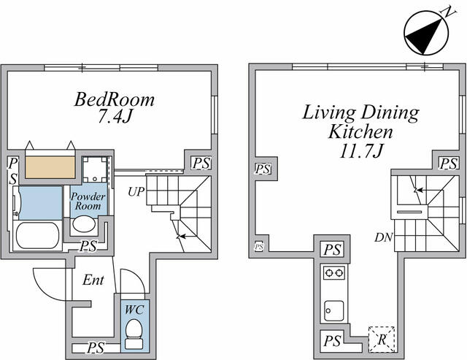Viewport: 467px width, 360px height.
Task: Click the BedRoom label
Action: pyautogui.click(x=115, y=99)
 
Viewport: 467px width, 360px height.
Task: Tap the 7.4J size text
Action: pyautogui.click(x=115, y=117)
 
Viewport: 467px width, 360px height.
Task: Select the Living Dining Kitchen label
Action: pyautogui.click(x=360, y=122)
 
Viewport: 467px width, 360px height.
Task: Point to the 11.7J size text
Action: pyautogui.click(x=360, y=150)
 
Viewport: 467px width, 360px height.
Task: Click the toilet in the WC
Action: pyautogui.click(x=134, y=334)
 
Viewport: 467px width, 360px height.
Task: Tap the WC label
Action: pyautogui.click(x=134, y=310)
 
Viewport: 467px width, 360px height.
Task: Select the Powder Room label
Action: pyautogui.click(x=88, y=201)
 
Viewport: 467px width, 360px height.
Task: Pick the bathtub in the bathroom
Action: pyautogui.click(x=37, y=235)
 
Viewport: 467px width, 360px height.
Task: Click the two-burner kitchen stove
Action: pyautogui.click(x=334, y=272)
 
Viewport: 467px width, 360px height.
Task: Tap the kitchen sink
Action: pyautogui.click(x=334, y=310)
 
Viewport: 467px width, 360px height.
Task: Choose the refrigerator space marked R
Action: pyautogui.click(x=382, y=340)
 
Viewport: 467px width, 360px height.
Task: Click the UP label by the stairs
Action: pyautogui.click(x=136, y=192)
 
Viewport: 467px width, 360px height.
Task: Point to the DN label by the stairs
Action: pyautogui.click(x=384, y=237)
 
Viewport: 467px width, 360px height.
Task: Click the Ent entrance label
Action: pyautogui.click(x=93, y=280)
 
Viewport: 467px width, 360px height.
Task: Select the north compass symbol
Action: pyautogui.click(x=426, y=33)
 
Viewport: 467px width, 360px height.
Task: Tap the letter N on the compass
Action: pyautogui.click(x=448, y=12)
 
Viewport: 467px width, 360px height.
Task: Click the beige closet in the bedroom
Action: pyautogui.click(x=50, y=167)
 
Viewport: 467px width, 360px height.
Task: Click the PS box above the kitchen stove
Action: pyautogui.click(x=332, y=250)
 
